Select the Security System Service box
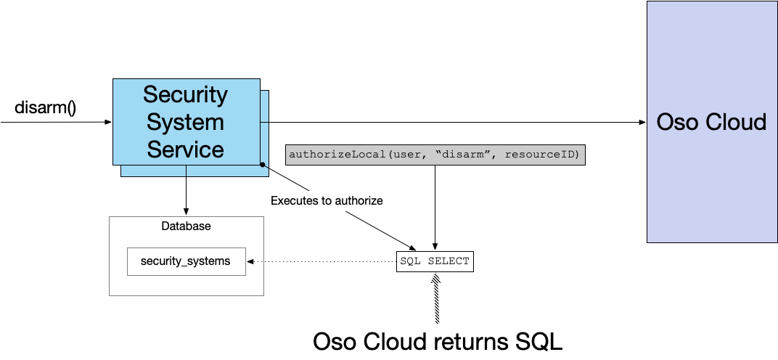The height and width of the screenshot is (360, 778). point(185,122)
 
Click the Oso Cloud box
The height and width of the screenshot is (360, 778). point(711,121)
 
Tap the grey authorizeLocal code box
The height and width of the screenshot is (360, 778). point(435,155)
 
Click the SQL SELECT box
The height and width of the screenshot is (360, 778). point(435,261)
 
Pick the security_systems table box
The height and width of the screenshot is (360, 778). point(186,261)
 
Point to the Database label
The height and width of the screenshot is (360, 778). point(186,226)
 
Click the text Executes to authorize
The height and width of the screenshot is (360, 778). point(326,200)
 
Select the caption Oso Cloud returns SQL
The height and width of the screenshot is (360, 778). point(438,341)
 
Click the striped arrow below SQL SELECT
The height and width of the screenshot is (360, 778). point(435,298)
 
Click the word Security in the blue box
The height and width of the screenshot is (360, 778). point(185,94)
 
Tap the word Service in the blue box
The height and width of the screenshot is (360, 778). point(185,150)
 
